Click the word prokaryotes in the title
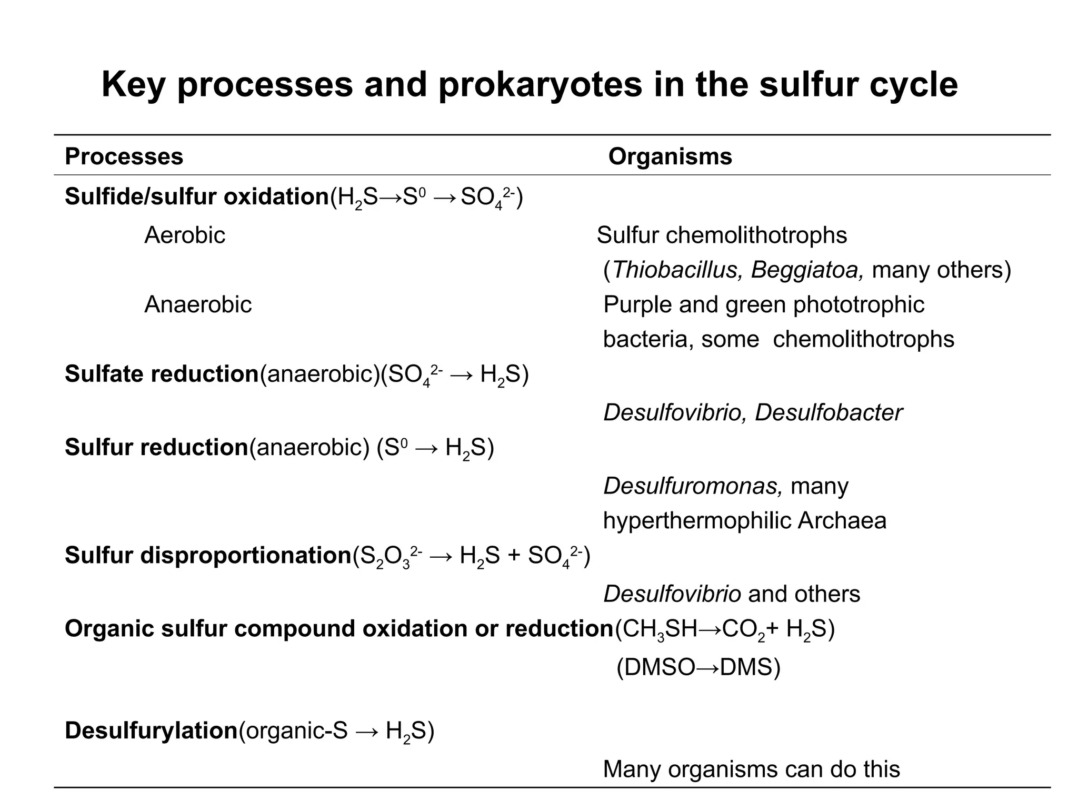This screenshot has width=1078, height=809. (x=540, y=85)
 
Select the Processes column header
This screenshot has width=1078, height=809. (x=124, y=156)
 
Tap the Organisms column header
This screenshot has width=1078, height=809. (x=670, y=156)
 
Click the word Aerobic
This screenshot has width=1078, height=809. (x=184, y=235)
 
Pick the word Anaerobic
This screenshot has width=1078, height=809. (x=198, y=304)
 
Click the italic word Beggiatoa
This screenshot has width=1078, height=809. (x=807, y=270)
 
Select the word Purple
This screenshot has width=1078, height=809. (x=637, y=304)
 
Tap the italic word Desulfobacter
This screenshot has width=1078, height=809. (x=829, y=412)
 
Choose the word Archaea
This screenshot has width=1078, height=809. (x=842, y=520)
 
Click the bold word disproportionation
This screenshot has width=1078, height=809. (x=245, y=555)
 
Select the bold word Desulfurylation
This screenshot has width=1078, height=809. (x=151, y=731)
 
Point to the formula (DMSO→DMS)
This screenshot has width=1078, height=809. (x=698, y=667)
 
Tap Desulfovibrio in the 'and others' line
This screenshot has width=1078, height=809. (x=672, y=594)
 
